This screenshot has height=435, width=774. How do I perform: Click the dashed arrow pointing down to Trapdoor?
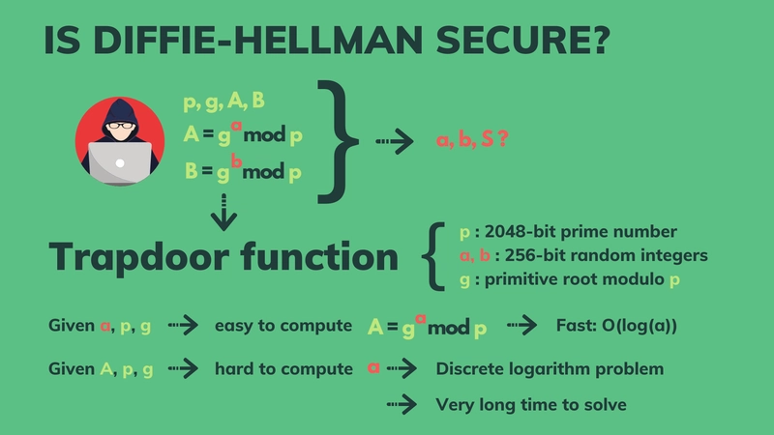(x=223, y=212)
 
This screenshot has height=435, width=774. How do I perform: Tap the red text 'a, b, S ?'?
(x=472, y=141)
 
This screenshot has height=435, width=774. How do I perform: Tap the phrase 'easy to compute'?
(x=283, y=326)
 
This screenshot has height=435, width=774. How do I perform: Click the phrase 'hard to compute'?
(x=283, y=368)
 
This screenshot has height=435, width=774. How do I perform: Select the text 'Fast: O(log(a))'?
(x=615, y=326)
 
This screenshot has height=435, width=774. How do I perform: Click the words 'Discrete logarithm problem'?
(x=549, y=368)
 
